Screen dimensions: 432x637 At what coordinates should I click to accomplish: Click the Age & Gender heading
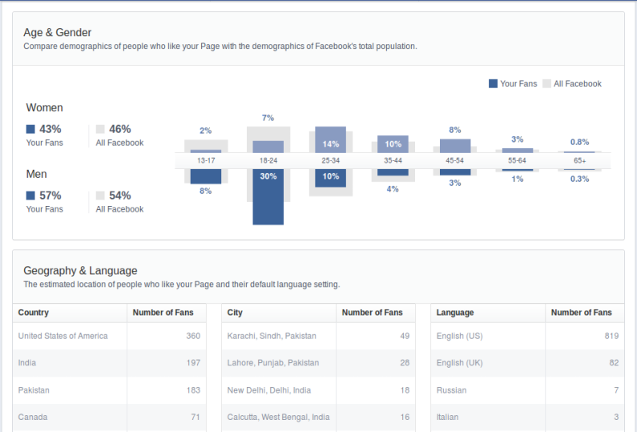[58, 33]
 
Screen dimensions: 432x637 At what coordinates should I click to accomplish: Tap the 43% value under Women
[50, 129]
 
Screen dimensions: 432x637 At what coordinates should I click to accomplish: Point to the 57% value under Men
[50, 196]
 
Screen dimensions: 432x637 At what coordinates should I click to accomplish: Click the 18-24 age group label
[268, 160]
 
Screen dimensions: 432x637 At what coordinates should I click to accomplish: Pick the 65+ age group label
[580, 160]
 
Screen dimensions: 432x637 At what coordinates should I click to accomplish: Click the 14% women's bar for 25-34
[330, 140]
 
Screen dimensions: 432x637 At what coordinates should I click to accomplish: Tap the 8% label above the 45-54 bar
[455, 130]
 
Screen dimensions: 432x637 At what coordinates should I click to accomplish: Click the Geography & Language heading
[80, 271]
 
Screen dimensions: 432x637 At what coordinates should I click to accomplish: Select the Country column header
[34, 313]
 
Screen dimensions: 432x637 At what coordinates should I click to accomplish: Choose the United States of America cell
[62, 336]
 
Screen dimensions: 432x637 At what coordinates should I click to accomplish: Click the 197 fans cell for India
[193, 363]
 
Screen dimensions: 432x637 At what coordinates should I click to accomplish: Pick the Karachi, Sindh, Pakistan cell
[272, 336]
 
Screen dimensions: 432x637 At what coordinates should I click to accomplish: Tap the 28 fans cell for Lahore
[405, 363]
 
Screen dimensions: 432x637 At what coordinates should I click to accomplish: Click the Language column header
[455, 313]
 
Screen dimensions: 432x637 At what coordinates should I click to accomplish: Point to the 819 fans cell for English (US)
[611, 336]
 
